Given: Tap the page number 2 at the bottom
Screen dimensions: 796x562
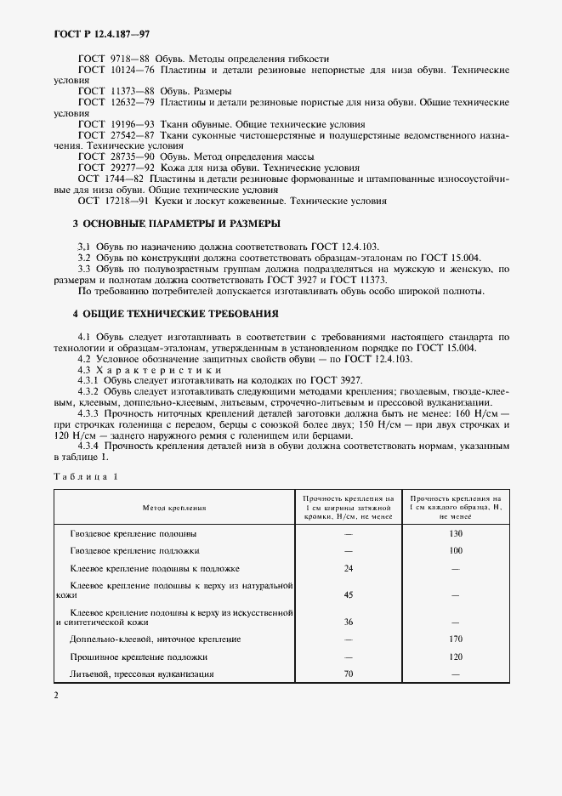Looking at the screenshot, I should click(55, 696).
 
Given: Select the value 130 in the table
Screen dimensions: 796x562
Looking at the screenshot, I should click(456, 533).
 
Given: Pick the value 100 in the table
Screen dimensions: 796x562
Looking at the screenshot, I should click(456, 551).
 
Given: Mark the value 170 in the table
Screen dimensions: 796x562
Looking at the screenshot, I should click(456, 639).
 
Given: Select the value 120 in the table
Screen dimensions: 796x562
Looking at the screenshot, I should click(456, 657).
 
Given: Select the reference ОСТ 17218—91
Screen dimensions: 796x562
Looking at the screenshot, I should click(111, 202).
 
